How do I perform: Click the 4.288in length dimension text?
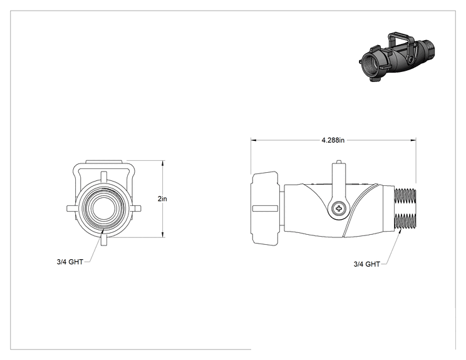click(x=333, y=140)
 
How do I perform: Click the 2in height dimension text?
click(x=162, y=198)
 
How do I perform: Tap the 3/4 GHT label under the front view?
click(x=70, y=262)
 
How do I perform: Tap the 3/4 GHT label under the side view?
click(x=367, y=264)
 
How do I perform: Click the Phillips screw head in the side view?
click(x=339, y=208)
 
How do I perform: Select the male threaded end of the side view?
click(x=405, y=209)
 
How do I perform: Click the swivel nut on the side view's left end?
click(x=266, y=208)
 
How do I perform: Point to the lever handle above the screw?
click(x=338, y=181)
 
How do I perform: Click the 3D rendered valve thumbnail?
click(x=397, y=56)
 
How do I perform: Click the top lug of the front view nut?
click(x=103, y=176)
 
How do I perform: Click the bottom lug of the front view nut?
click(x=103, y=240)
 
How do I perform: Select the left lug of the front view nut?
click(x=71, y=208)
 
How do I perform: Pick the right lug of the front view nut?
click(x=136, y=208)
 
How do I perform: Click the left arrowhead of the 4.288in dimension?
click(x=254, y=140)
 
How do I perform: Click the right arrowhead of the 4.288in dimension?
click(x=413, y=140)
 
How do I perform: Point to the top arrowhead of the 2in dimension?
click(x=163, y=163)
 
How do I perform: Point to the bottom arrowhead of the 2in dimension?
click(x=163, y=235)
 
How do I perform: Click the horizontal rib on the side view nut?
click(x=265, y=208)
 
